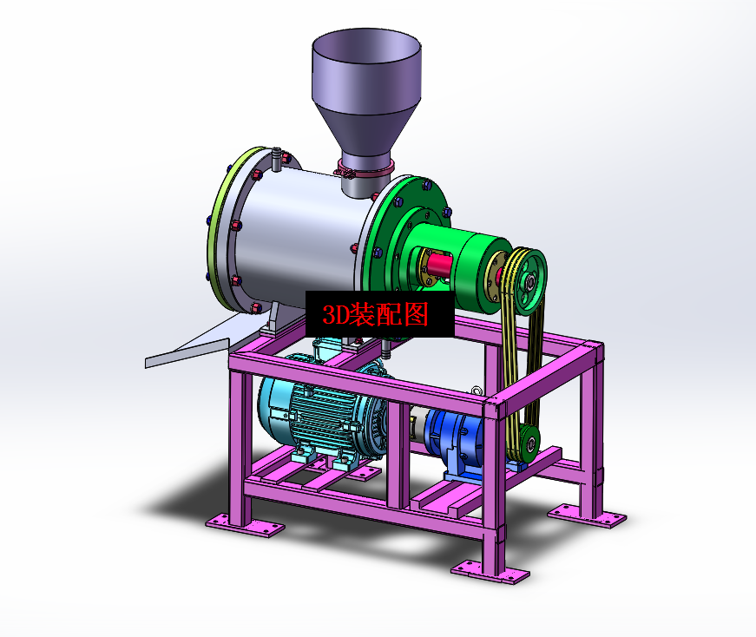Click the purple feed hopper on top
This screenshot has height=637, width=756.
pos(366,92)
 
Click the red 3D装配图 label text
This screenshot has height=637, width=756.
pos(375,315)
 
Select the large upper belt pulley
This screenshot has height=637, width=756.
pos(528,280)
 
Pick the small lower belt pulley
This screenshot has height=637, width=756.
pos(529,443)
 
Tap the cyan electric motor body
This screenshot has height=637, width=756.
pos(323,415)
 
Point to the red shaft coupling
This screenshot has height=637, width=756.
pos(437,266)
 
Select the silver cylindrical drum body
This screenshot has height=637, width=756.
pos(299,232)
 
